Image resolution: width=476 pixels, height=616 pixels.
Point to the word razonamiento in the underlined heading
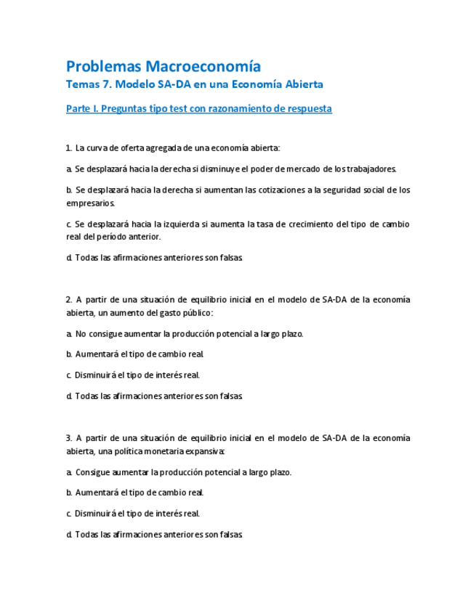point(239,109)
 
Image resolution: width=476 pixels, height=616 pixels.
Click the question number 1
point(68,148)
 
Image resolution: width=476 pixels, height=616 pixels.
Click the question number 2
point(68,299)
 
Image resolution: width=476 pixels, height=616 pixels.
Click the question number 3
point(68,438)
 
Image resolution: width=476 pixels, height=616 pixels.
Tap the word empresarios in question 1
point(89,203)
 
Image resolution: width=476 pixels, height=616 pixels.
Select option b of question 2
point(135,354)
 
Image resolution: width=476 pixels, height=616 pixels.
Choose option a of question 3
point(179,472)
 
